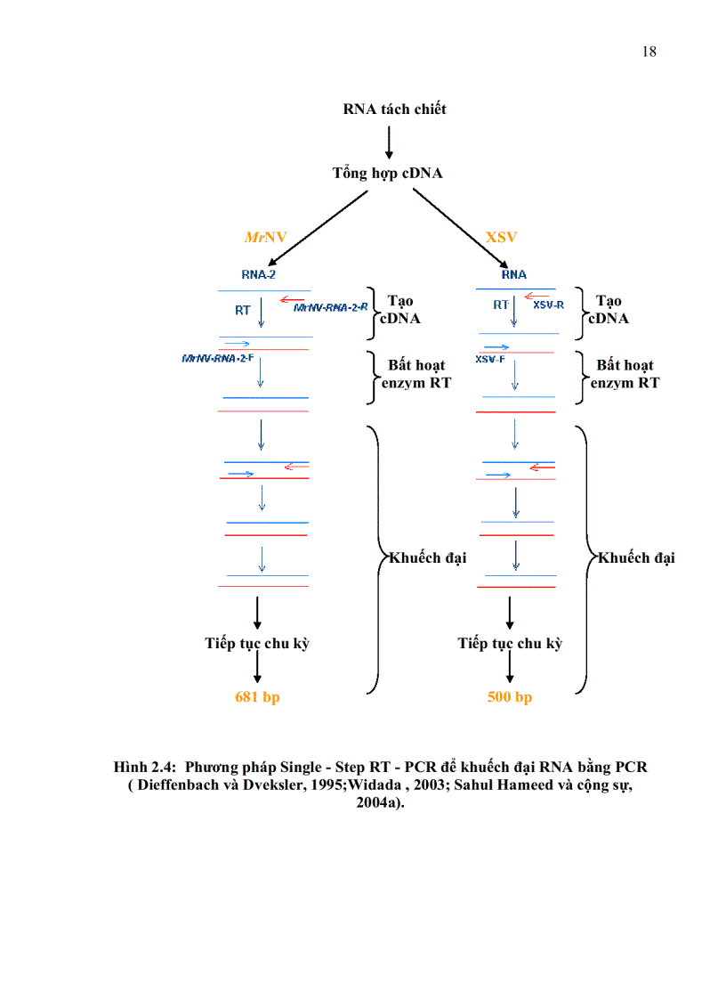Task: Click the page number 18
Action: (649, 52)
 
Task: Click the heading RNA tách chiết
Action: (394, 110)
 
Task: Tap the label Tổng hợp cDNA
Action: (387, 174)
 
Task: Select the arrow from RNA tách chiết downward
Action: (389, 142)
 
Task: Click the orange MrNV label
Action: (265, 238)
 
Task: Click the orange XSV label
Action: (501, 238)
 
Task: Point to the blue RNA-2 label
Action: (258, 275)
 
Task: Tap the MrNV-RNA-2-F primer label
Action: (217, 358)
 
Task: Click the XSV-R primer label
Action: (548, 305)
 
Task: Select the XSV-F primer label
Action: (490, 359)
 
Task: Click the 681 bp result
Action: (257, 697)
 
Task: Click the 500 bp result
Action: (510, 697)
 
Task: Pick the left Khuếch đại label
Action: (428, 558)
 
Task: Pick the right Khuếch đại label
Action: (636, 558)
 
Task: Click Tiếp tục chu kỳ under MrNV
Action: (257, 643)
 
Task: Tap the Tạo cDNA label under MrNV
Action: (400, 310)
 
